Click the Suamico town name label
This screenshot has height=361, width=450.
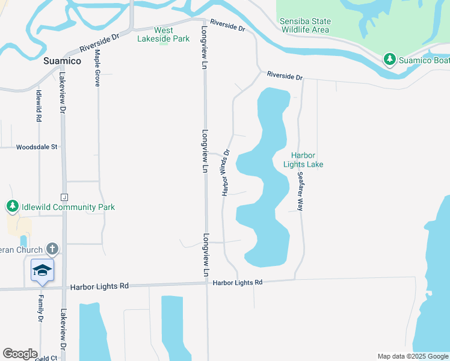(x=62, y=61)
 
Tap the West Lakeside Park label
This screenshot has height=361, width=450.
(x=164, y=34)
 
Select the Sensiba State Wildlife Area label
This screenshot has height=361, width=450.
(x=305, y=25)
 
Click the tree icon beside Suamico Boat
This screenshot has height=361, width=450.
(x=390, y=59)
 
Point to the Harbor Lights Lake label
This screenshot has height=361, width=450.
(x=303, y=159)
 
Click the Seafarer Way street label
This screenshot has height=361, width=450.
(x=300, y=191)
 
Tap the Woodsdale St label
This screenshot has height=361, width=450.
(x=37, y=147)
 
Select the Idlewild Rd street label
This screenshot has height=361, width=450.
(x=39, y=106)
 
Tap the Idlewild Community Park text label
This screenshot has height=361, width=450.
(x=68, y=207)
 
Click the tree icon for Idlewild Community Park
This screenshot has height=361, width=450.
(x=12, y=207)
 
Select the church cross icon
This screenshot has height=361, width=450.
(x=52, y=249)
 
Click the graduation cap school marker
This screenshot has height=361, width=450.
(x=42, y=271)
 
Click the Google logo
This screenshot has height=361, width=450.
(x=20, y=354)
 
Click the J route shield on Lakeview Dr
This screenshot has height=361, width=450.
(x=63, y=197)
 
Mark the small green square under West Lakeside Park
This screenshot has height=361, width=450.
(x=164, y=43)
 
